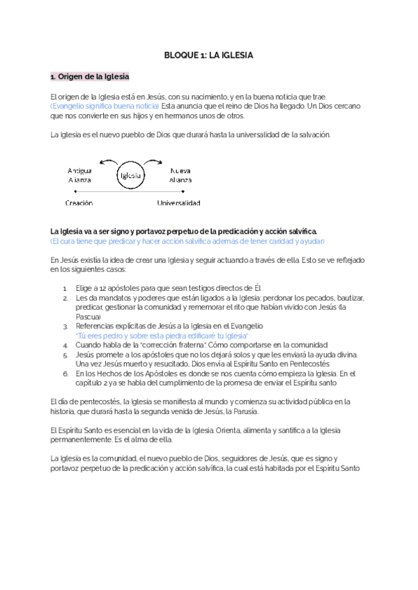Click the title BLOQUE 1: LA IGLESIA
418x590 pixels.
click(208, 54)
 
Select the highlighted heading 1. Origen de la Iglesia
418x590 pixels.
click(90, 76)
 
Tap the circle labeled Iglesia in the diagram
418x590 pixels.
click(130, 175)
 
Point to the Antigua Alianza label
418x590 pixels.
click(80, 175)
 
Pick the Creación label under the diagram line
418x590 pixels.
click(79, 203)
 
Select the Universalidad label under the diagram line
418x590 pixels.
click(178, 203)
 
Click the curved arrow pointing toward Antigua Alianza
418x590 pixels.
click(105, 163)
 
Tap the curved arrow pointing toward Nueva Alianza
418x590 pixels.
click(156, 163)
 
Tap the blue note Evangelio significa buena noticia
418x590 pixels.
click(105, 106)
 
